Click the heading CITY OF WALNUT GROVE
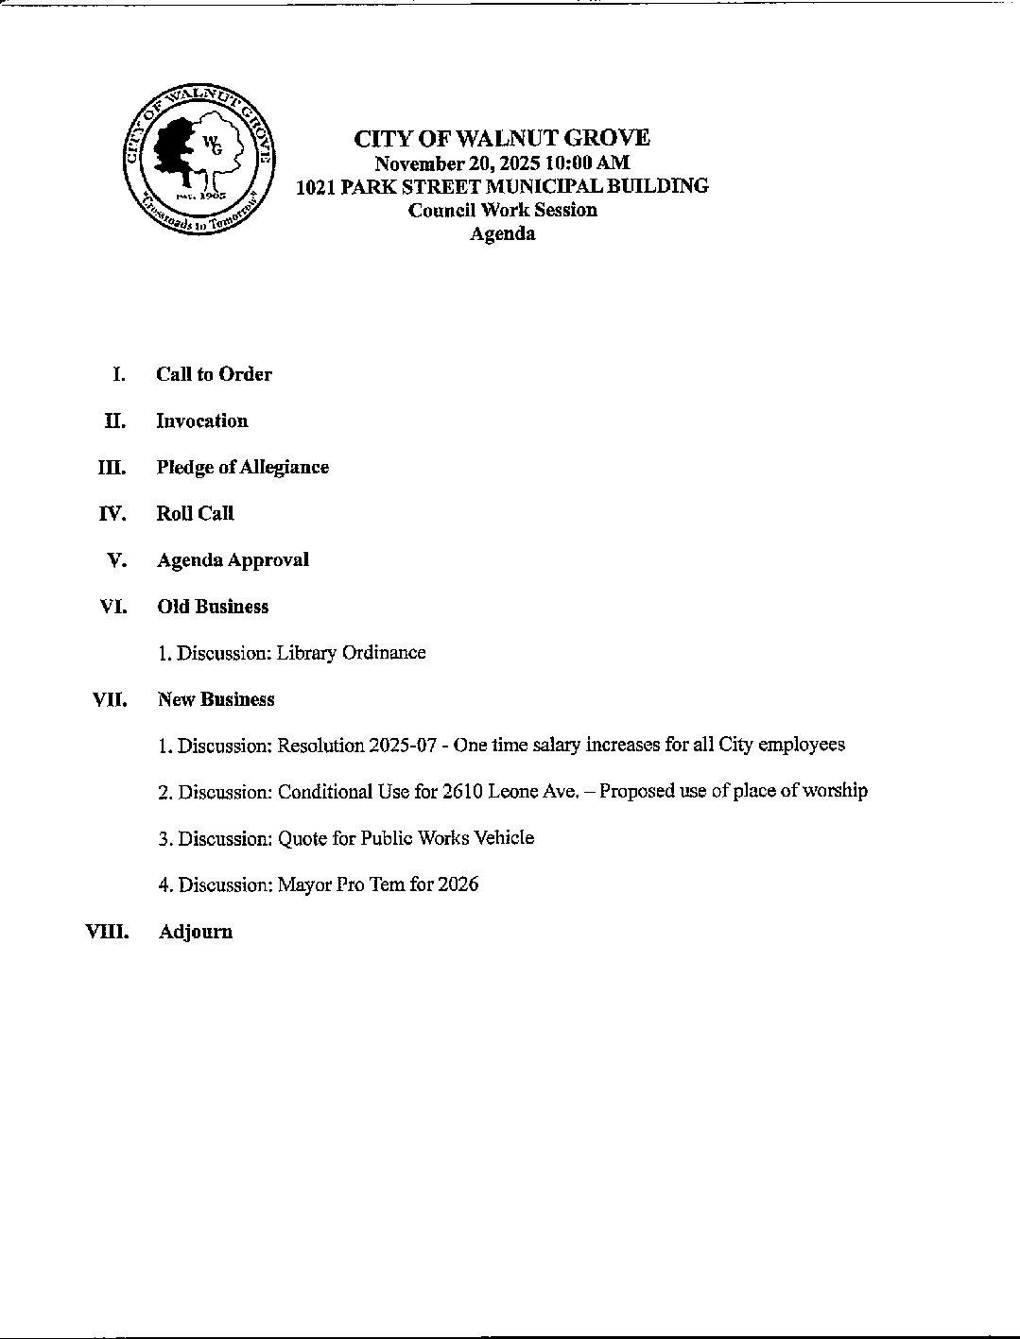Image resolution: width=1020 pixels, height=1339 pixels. point(502,139)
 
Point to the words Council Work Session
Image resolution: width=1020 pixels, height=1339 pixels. point(502,210)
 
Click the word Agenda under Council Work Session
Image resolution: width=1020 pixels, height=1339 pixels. point(502,233)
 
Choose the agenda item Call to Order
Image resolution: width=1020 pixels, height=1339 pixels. point(214,374)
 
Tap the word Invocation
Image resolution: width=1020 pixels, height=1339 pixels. point(202,421)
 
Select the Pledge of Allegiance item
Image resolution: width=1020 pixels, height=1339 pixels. point(243,467)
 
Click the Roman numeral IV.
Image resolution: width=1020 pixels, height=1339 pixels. point(112,513)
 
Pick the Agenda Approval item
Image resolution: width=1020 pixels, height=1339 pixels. point(233,559)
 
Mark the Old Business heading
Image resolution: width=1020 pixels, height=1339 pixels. point(213,607)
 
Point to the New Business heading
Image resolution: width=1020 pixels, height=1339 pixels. point(216,699)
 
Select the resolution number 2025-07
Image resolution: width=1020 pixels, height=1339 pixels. point(403,746)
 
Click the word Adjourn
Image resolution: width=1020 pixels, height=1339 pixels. point(196,932)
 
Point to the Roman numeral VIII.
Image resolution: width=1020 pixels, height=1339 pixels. point(107,931)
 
